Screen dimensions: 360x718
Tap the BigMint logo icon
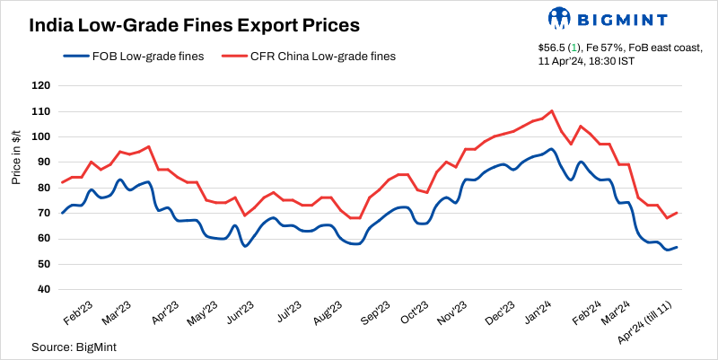pos(558,17)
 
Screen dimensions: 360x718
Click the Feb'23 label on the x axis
pos(77,313)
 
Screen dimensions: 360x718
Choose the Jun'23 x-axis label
pos(238,313)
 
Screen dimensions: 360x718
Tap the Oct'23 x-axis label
pos(413,313)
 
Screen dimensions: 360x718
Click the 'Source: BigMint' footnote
pos(75,346)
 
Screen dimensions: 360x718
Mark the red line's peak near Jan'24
pos(551,111)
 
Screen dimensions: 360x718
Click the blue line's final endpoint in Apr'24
pos(677,247)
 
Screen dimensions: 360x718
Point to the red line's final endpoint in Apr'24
pos(677,213)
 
